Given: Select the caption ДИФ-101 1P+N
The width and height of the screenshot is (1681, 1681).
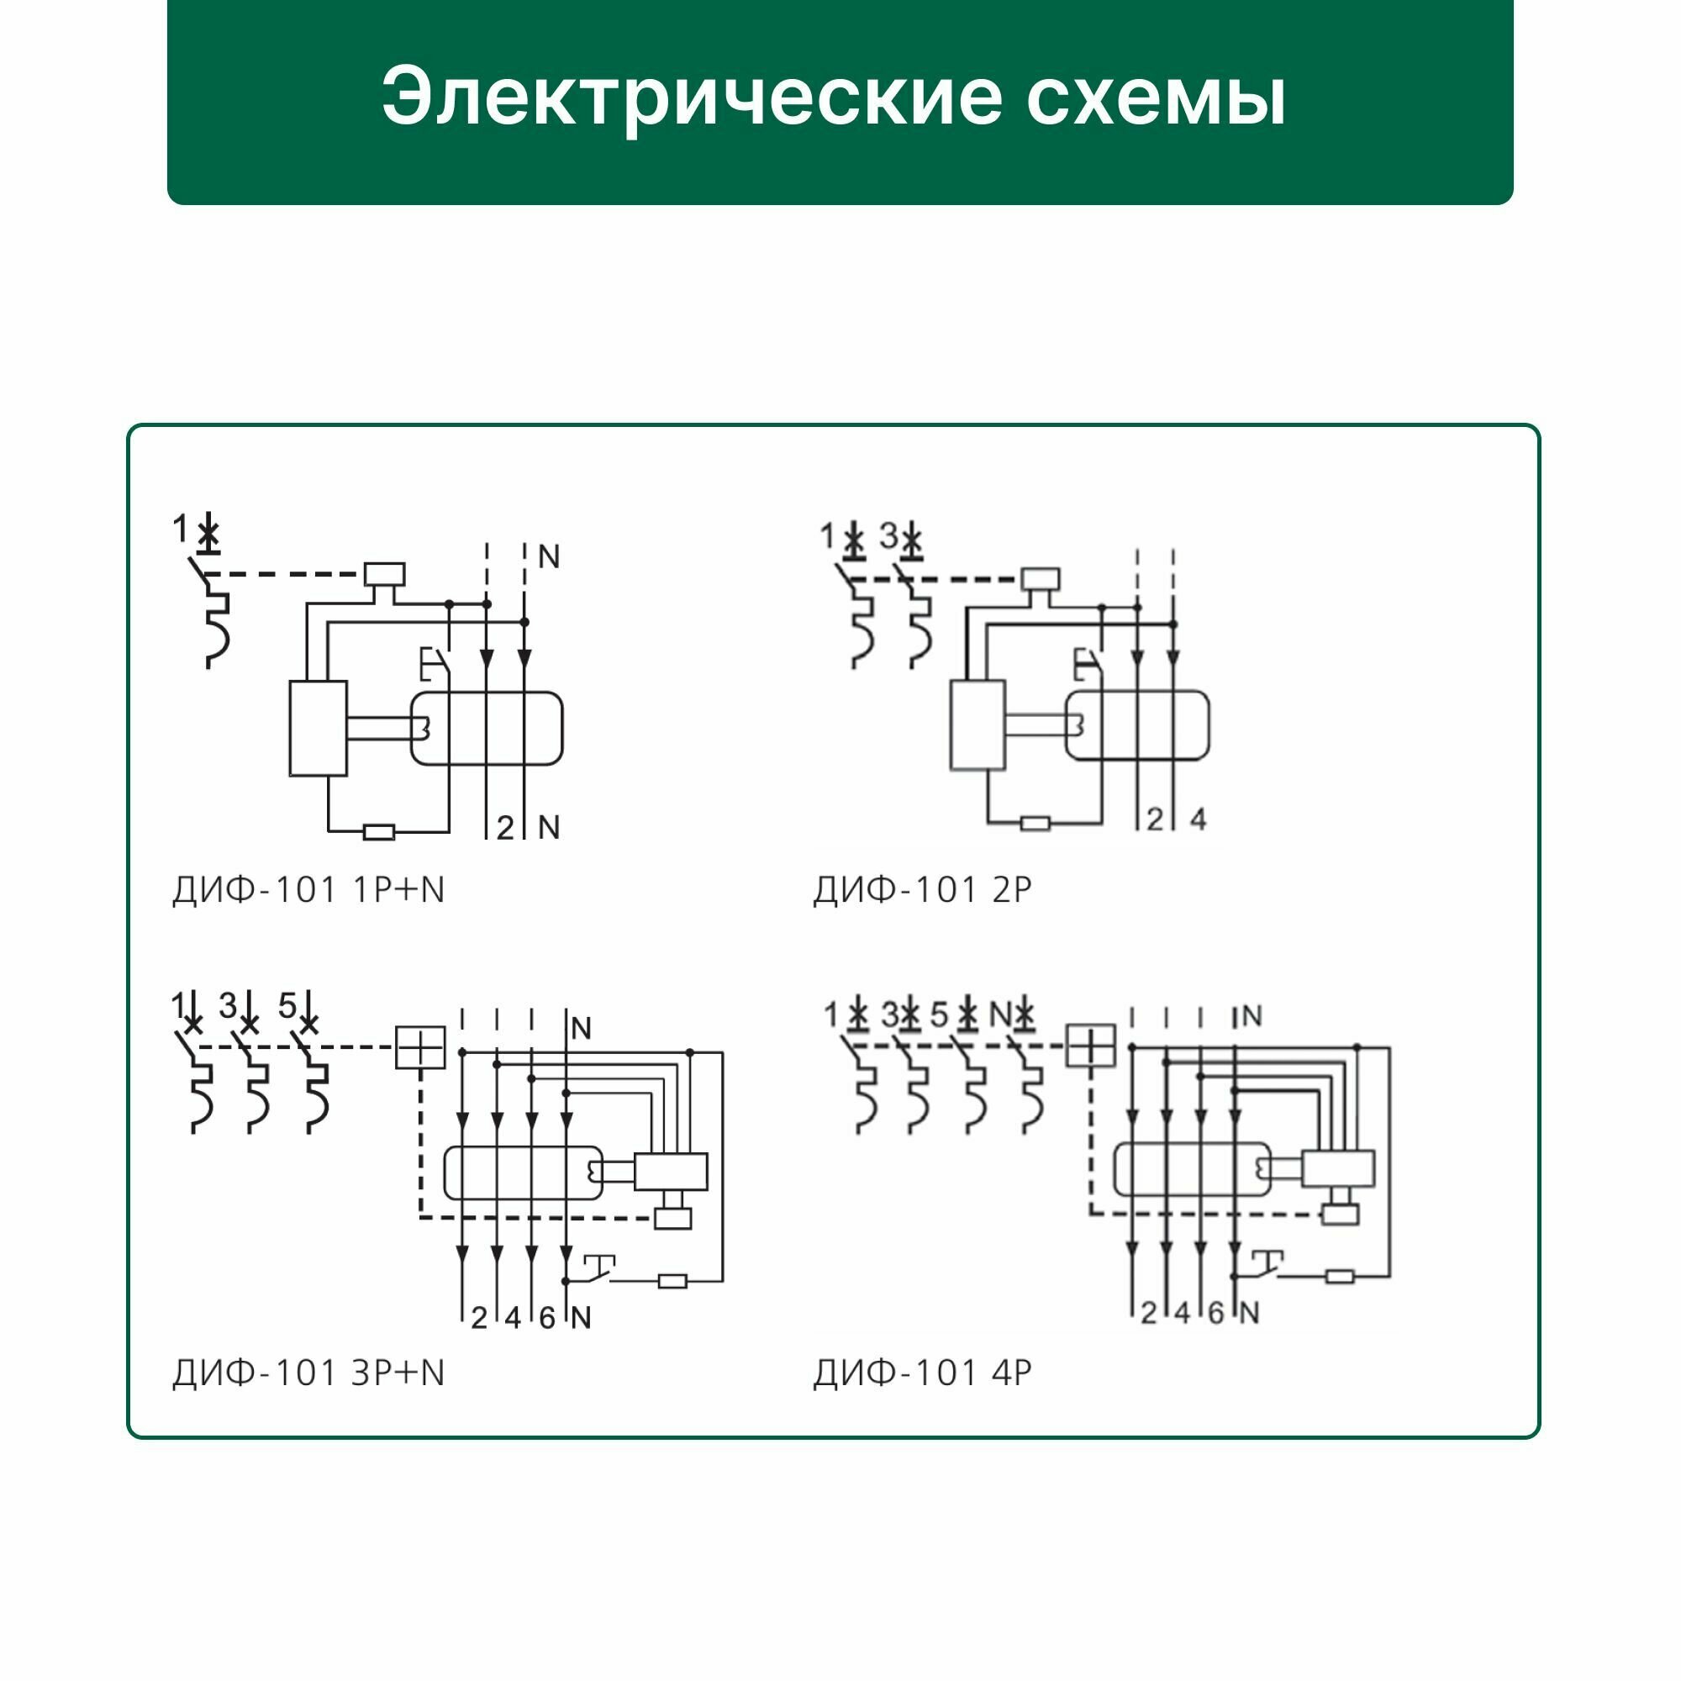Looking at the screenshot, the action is [308, 890].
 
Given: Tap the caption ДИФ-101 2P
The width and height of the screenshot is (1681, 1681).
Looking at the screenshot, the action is [922, 890].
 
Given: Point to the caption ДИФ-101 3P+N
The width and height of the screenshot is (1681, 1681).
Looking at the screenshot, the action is [308, 1373].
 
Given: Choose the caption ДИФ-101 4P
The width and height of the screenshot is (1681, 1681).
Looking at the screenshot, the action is [922, 1373].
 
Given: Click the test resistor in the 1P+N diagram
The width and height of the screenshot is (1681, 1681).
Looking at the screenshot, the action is [378, 833].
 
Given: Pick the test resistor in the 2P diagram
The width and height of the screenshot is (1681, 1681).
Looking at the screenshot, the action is [1035, 823].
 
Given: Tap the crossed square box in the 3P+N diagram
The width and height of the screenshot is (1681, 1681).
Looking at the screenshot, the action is [420, 1046].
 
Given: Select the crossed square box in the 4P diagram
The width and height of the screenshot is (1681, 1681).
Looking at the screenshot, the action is [1090, 1045].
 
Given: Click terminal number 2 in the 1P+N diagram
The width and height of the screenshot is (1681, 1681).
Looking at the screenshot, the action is [504, 827].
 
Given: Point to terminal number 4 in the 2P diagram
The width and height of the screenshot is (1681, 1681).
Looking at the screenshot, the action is [1198, 819].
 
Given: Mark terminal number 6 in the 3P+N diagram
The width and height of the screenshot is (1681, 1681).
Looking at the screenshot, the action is [546, 1318].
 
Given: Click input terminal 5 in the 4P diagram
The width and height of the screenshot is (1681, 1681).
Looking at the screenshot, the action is [938, 1014].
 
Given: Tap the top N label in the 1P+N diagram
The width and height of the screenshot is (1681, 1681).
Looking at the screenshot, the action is [548, 557].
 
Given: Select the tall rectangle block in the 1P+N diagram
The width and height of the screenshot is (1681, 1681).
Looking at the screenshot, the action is [318, 728].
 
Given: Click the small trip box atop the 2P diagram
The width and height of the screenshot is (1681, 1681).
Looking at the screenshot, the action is [1040, 578].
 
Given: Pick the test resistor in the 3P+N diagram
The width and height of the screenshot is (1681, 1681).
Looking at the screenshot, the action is [672, 1281].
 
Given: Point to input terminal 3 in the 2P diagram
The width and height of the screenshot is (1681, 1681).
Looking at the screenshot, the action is [888, 536].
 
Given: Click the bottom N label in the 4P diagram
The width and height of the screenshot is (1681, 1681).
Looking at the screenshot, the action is [1249, 1313].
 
